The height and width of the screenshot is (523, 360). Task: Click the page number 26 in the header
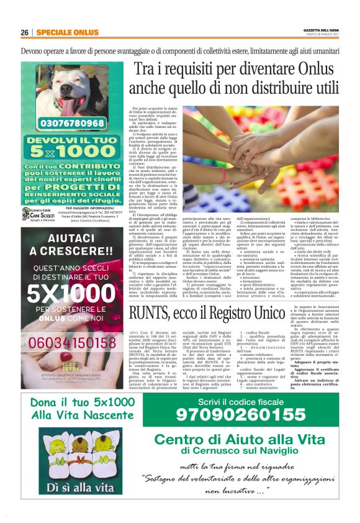point(25,32)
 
